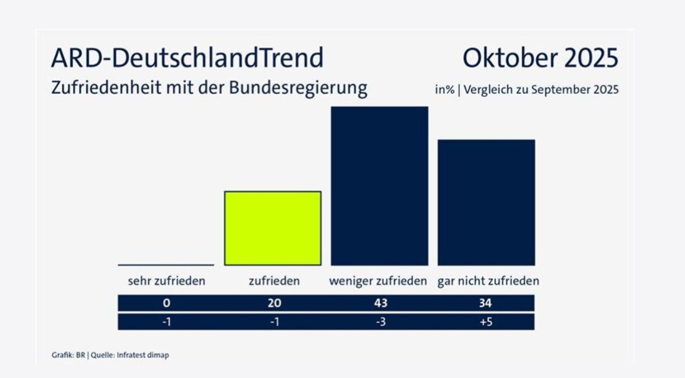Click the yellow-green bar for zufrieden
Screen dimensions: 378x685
[273, 228]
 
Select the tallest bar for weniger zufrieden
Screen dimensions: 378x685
[380, 186]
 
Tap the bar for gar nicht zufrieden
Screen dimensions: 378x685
[486, 203]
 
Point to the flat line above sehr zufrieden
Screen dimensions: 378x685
[166, 264]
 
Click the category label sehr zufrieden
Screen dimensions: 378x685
[166, 281]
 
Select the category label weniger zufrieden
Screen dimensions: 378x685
[378, 281]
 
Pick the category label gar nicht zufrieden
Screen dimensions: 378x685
[488, 281]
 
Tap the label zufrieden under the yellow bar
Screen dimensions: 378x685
[274, 281]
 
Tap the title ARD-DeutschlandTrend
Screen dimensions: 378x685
[187, 58]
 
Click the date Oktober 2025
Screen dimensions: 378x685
[540, 58]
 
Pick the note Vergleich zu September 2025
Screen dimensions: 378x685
[541, 90]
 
